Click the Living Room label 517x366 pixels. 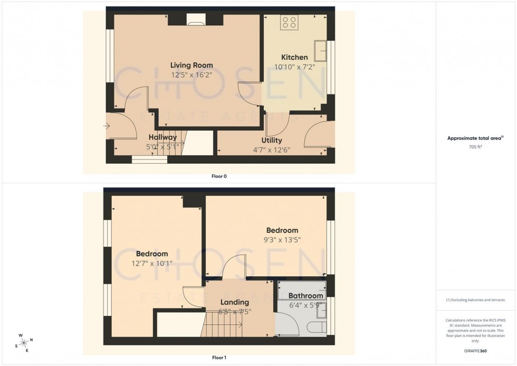click(x=192, y=65)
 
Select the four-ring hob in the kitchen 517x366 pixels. click(x=289, y=22)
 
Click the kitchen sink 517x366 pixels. click(x=320, y=50)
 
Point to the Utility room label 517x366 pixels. click(x=271, y=140)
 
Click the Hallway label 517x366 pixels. click(x=162, y=137)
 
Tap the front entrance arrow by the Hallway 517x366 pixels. click(x=107, y=126)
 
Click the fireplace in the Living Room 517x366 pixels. click(x=196, y=21)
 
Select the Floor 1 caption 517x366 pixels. click(x=219, y=358)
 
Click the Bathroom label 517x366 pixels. click(x=305, y=296)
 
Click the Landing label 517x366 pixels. click(x=234, y=302)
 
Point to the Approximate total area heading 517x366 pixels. click(x=473, y=138)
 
